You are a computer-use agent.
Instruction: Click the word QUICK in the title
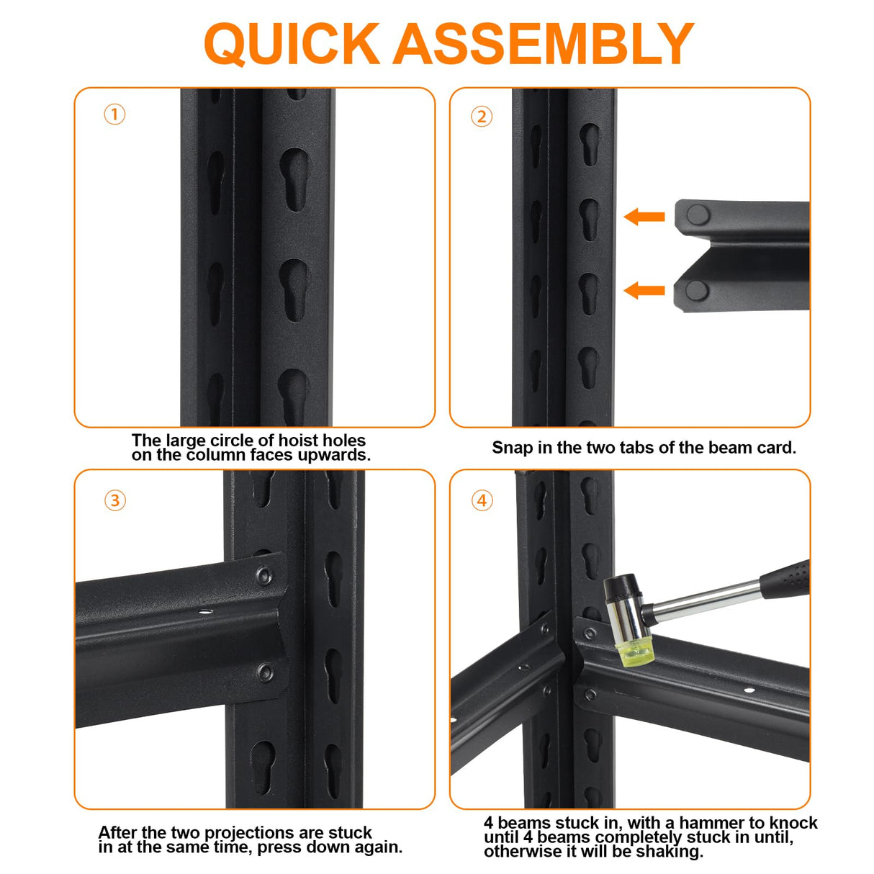click(292, 44)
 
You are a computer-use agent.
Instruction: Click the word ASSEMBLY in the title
click(543, 43)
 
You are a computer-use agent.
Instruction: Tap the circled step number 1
click(114, 114)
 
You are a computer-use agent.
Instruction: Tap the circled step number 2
click(481, 117)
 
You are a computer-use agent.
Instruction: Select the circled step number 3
click(114, 500)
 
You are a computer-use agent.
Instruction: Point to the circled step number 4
click(482, 500)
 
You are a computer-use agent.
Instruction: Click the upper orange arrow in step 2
click(644, 217)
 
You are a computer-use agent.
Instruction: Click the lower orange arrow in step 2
click(644, 290)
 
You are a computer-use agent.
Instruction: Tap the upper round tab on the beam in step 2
click(698, 215)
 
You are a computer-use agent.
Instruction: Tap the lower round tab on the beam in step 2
click(697, 290)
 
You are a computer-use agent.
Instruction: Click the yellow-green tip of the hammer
click(634, 655)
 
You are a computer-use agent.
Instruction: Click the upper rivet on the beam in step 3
click(264, 576)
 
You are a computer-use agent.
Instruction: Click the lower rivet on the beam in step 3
click(265, 672)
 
